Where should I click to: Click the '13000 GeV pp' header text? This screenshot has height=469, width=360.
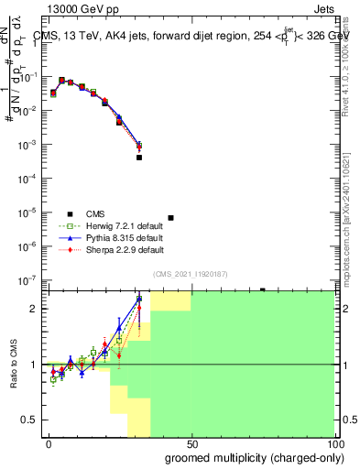tap(80, 6)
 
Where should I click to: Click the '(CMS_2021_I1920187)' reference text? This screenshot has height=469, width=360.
tap(190, 273)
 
